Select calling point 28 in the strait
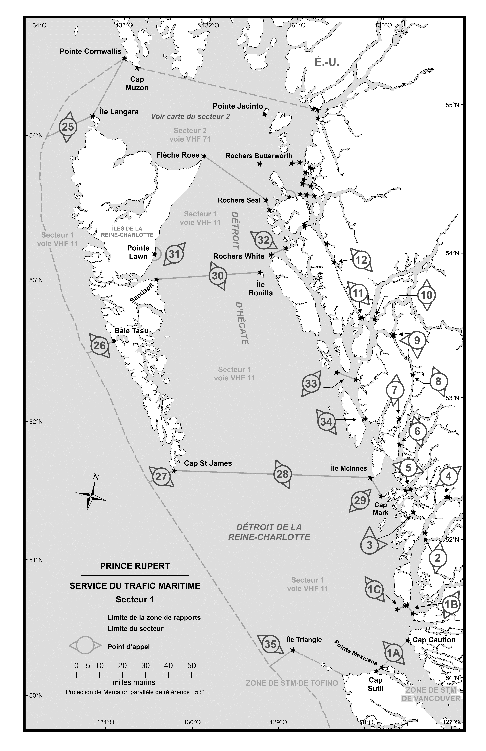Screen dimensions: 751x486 pyautogui.click(x=282, y=474)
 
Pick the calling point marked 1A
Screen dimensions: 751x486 pyautogui.click(x=394, y=652)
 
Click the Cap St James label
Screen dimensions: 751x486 pyautogui.click(x=208, y=463)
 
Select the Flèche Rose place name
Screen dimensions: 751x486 pyautogui.click(x=178, y=155)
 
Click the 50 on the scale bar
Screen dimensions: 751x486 pyautogui.click(x=191, y=665)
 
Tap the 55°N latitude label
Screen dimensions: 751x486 pyautogui.click(x=452, y=105)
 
